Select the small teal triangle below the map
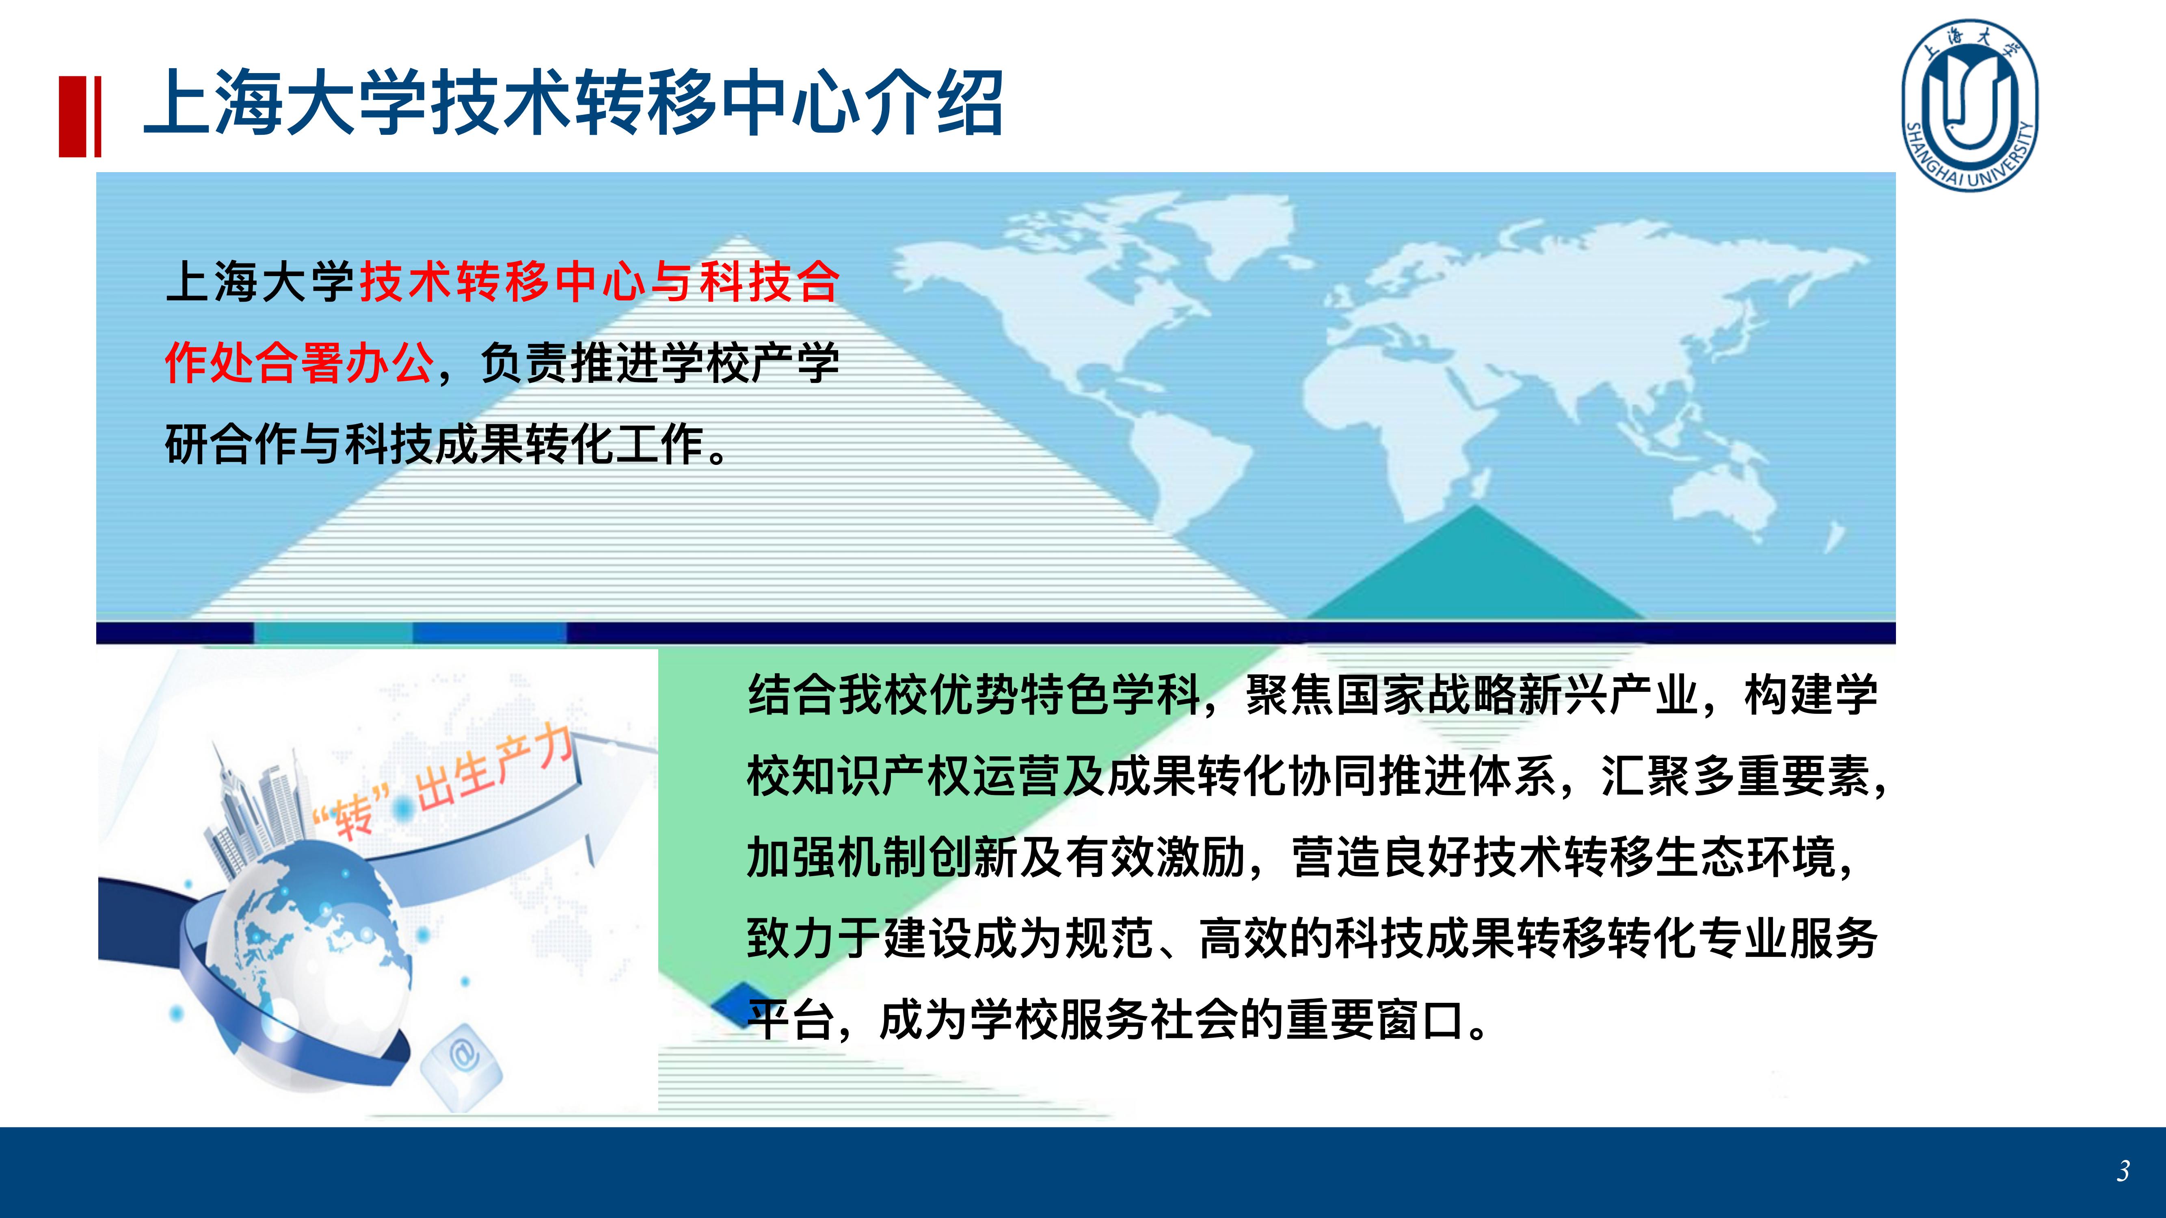pyautogui.click(x=1476, y=568)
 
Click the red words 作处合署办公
pyautogui.click(x=300, y=363)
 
